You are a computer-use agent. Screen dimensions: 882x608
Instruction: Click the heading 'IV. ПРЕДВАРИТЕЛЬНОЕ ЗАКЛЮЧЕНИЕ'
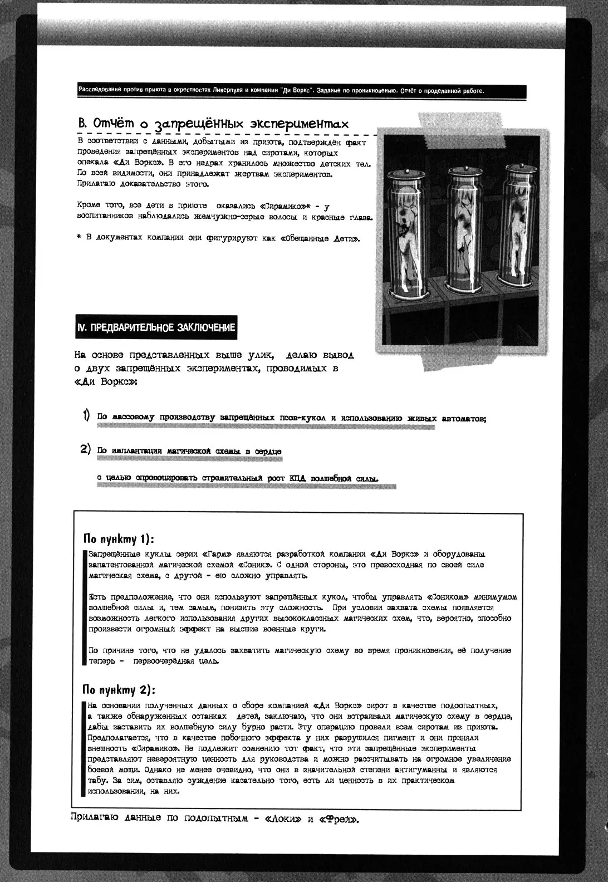[x=156, y=328]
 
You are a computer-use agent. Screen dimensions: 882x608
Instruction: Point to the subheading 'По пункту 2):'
[x=118, y=690]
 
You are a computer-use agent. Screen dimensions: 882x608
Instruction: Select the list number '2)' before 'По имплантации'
[x=85, y=449]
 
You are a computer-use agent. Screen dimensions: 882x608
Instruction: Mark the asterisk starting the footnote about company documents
[x=79, y=238]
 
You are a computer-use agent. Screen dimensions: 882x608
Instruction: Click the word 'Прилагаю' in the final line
[x=95, y=819]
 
